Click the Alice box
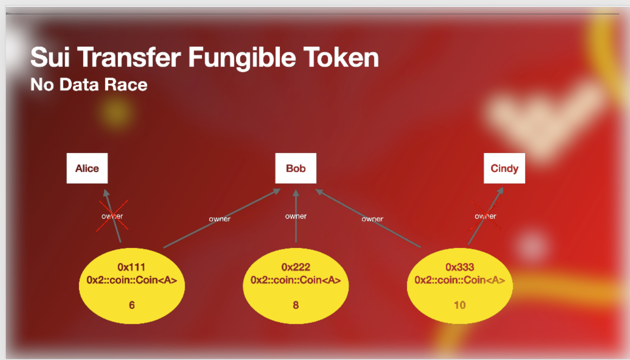pos(87,168)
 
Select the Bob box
pos(295,168)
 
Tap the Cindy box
pos(504,168)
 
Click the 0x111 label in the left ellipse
pos(132,267)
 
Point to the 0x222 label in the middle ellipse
pos(295,267)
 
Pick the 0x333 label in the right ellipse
pos(459,267)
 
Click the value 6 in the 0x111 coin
pos(132,305)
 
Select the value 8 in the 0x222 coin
pos(295,305)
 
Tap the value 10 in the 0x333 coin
pos(459,305)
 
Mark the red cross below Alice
pos(113,215)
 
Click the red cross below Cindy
pos(486,215)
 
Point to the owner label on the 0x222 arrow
pos(296,216)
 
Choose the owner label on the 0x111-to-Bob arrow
pos(219,219)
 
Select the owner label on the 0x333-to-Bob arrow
pos(372,219)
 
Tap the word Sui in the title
pos(51,58)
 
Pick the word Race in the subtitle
pos(128,84)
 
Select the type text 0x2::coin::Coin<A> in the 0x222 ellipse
pos(295,280)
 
